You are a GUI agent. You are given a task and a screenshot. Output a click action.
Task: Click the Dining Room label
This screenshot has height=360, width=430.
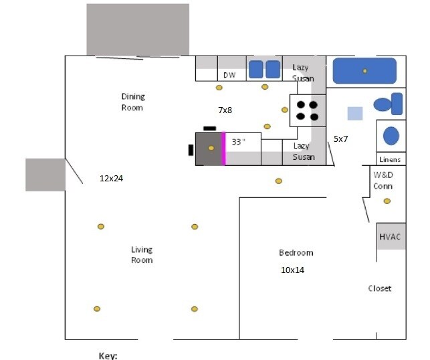pos(132,102)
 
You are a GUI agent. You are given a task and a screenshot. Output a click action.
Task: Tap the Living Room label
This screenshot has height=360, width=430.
pos(141,254)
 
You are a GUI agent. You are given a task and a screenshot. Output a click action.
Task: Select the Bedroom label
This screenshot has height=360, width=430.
pos(296,252)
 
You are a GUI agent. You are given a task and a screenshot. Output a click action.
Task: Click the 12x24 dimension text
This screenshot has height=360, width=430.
pos(111,179)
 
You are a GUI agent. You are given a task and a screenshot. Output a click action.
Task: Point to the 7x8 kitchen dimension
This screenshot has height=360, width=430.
pos(225,109)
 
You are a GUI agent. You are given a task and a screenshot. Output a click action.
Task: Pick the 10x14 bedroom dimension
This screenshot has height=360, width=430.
pos(292,270)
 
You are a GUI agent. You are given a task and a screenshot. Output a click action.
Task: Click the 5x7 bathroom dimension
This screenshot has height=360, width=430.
pos(341,139)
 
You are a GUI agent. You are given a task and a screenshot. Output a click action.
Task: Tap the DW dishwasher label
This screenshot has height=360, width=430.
pos(229,75)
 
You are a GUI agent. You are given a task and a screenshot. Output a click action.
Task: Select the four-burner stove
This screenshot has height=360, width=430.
pos(308,110)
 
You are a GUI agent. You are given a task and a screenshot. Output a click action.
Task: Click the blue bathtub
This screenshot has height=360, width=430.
pos(364,71)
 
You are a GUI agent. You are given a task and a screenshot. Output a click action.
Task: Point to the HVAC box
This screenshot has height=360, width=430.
pos(391,237)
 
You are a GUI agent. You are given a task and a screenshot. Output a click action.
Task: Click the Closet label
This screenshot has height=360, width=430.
pos(380,288)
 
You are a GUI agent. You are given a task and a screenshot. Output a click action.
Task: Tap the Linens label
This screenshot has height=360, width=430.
pos(390,160)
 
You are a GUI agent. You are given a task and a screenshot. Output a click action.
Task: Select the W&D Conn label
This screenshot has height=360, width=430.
pos(383,181)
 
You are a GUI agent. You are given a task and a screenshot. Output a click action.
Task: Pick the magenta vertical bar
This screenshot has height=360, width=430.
pos(223,148)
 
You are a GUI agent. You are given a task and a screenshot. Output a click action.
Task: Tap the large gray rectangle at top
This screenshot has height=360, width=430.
pos(137,29)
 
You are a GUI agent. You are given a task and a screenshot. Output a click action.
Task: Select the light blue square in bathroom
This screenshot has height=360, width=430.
pos(355,113)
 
